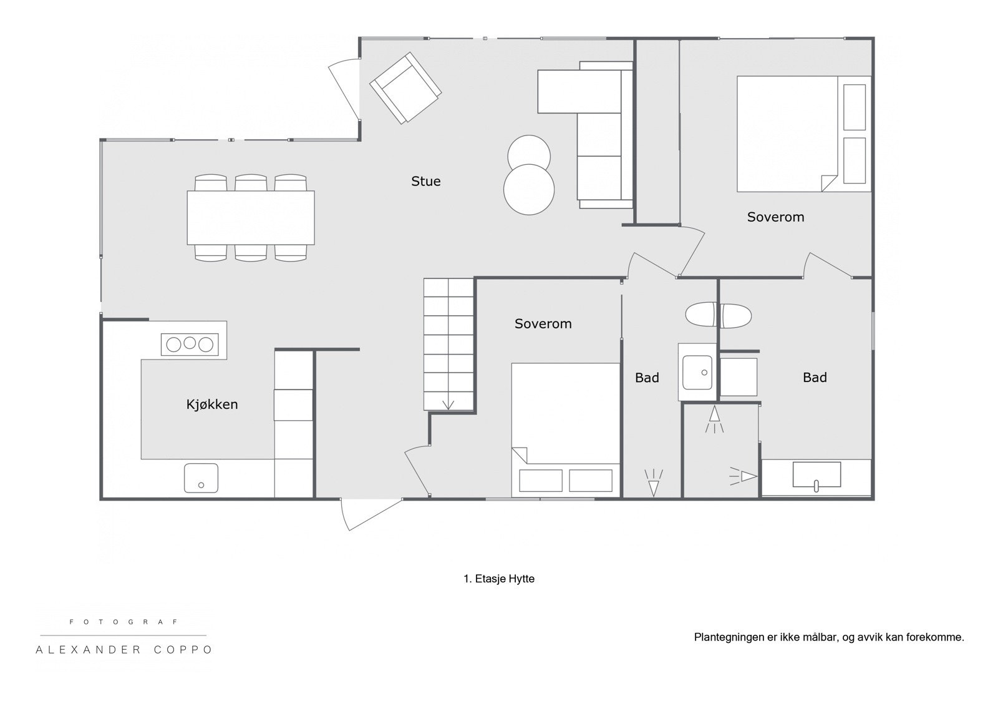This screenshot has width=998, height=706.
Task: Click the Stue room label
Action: coord(425,182)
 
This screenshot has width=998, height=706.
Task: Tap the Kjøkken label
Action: coord(212,404)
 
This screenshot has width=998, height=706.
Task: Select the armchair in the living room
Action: coord(405,87)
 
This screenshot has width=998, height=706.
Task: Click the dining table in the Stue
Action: coord(251,218)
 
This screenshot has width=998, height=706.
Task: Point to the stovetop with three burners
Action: coord(190,344)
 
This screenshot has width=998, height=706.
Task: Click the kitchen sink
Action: coord(201,478)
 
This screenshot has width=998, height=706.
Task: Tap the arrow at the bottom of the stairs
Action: coord(448,404)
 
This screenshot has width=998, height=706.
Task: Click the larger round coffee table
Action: coord(529,190)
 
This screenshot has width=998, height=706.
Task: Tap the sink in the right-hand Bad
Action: coord(816,475)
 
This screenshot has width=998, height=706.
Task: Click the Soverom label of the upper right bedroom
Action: coord(775,217)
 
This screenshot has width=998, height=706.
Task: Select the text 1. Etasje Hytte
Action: coord(498,579)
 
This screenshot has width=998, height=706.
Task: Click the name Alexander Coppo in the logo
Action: coord(124,650)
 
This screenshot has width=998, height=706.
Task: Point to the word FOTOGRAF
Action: coord(124,622)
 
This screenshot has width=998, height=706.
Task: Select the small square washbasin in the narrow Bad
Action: coord(697,372)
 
